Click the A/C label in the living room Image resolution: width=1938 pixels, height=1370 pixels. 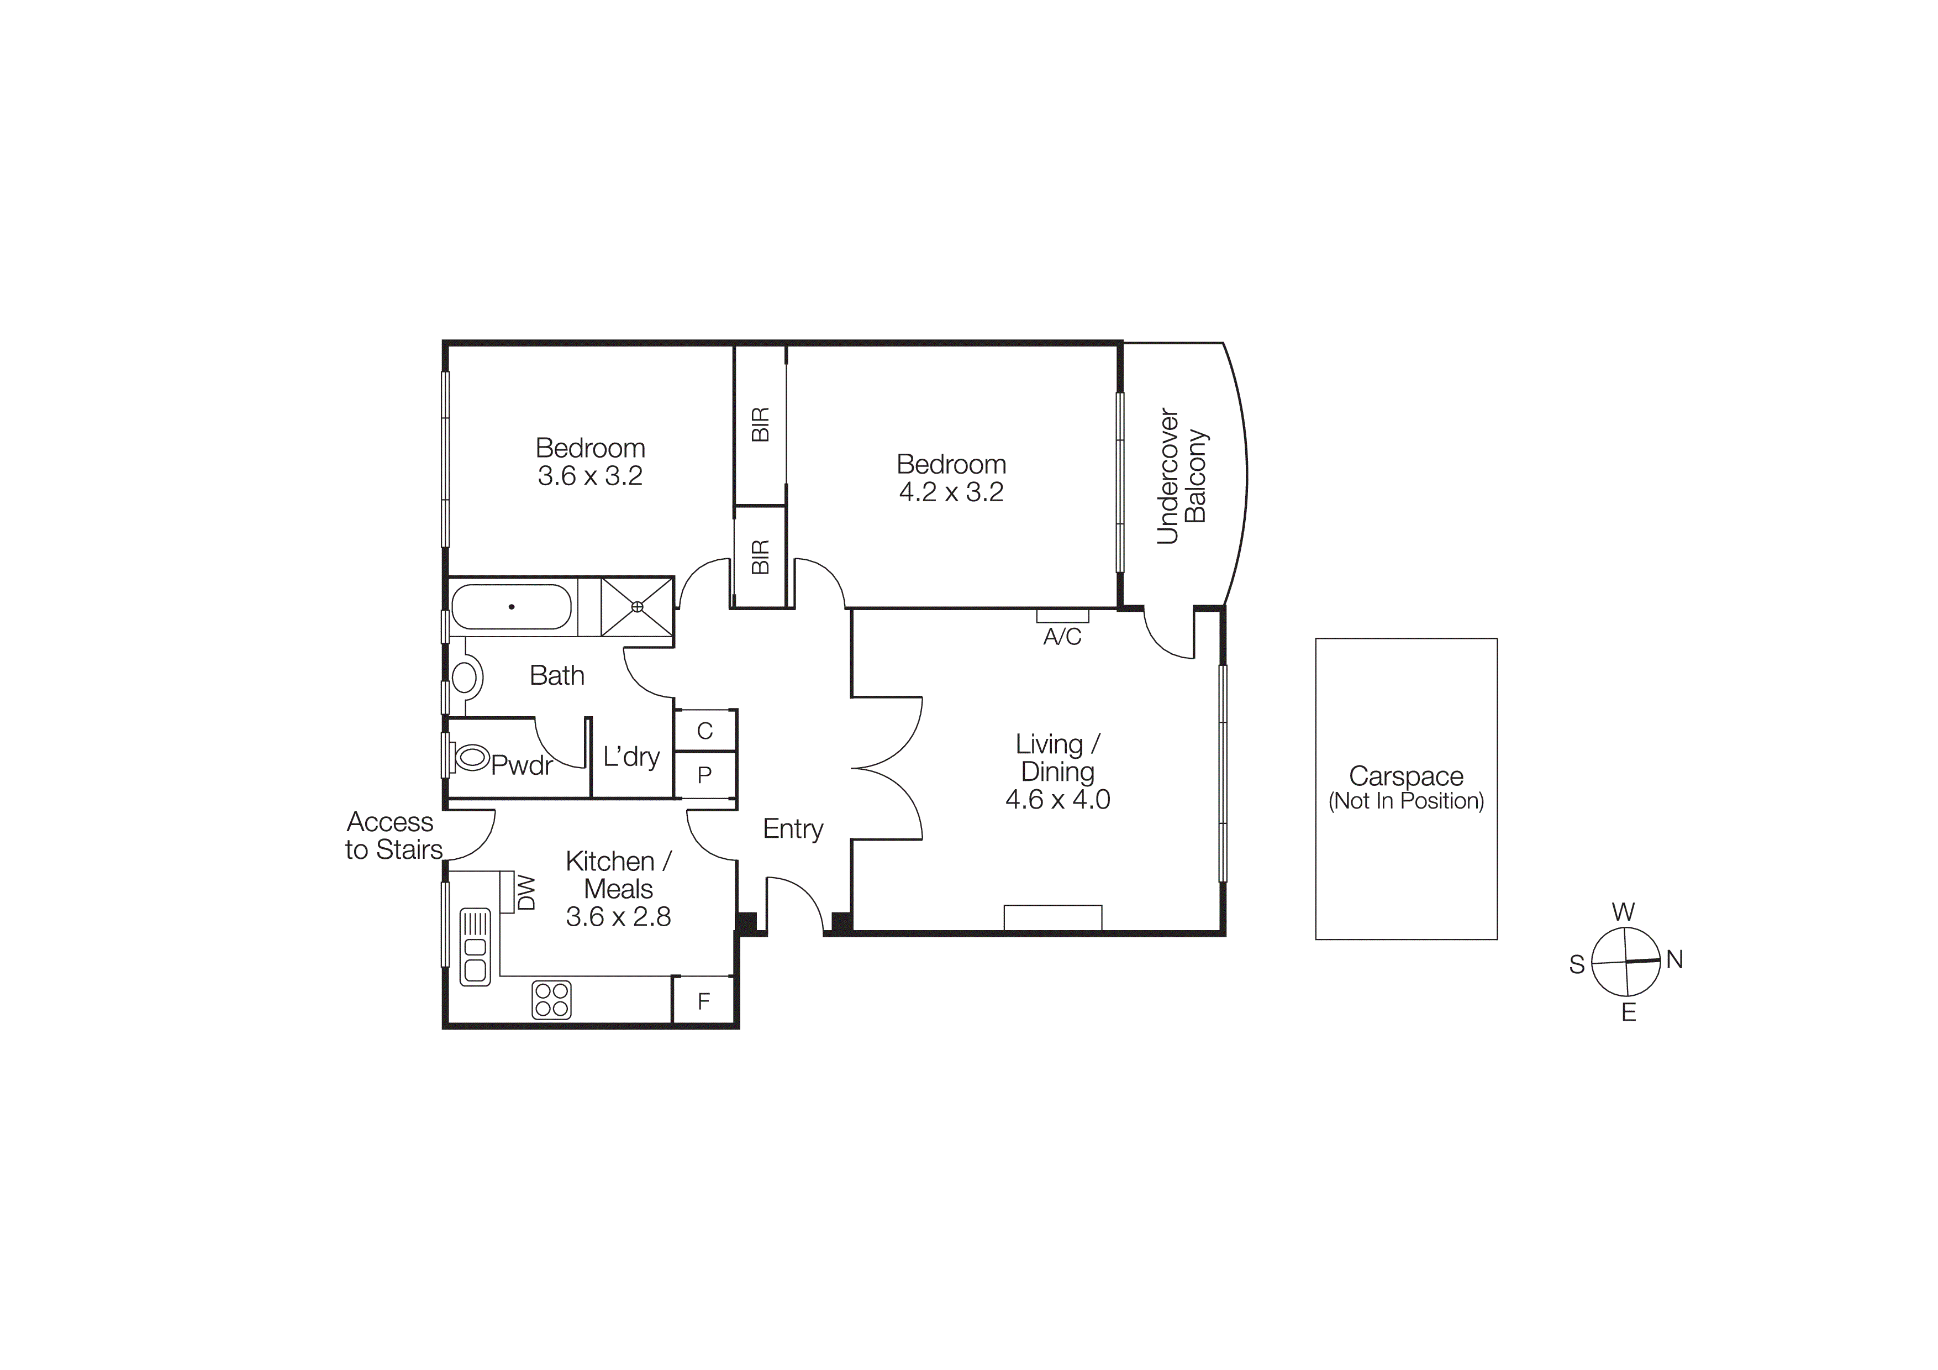coord(1062,637)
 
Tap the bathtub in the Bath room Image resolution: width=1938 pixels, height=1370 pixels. coord(512,607)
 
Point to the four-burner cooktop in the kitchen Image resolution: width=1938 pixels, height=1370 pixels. coord(551,999)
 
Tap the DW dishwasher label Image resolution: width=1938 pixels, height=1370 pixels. coord(526,892)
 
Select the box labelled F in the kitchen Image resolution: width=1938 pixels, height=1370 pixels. coord(703,1002)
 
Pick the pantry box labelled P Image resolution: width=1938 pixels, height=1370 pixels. coord(705,774)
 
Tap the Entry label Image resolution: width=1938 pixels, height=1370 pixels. coord(793,829)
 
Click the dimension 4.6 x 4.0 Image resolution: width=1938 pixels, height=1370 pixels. coord(1057,799)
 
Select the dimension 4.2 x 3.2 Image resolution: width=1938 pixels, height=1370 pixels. coord(951,492)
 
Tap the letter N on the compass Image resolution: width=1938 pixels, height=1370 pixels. coord(1674,960)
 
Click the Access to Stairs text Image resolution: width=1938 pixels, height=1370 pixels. coord(393,836)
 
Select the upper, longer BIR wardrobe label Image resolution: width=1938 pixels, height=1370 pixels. coord(760,424)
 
